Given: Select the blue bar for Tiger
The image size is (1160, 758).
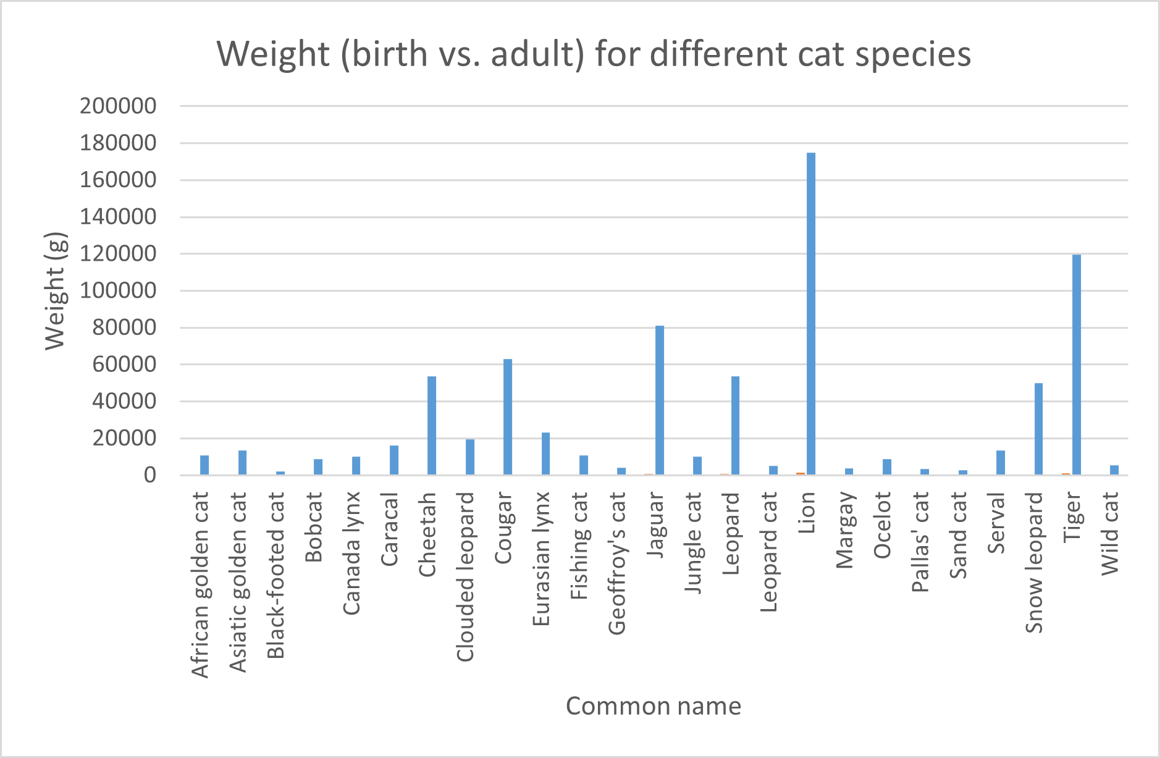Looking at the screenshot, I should tap(1077, 364).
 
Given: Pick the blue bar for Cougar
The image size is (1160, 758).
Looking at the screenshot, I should tap(508, 417).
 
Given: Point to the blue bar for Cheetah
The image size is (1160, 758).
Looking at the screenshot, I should tap(432, 426).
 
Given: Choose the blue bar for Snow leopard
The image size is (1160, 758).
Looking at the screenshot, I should tap(1039, 429).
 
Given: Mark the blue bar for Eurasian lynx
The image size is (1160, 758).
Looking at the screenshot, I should tap(546, 453).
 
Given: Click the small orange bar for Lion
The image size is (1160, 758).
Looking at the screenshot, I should tap(801, 473).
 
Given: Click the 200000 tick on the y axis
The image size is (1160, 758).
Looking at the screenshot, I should tap(118, 106).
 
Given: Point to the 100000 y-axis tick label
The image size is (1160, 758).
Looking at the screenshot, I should tap(118, 291).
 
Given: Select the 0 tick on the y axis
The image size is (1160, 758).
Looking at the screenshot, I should tap(150, 475).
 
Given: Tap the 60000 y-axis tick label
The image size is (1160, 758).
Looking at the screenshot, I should tap(124, 364).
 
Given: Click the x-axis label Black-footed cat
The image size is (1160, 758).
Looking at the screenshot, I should tap(276, 575).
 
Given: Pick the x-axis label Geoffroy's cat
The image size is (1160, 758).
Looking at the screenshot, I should tap(617, 563).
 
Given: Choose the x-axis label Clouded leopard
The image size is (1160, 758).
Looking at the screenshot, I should tap(466, 576).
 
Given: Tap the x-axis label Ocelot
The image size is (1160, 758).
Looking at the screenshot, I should tap(883, 525).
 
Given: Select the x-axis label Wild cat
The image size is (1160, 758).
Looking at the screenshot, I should tap(1110, 533).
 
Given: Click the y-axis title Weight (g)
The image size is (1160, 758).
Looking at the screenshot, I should tap(56, 291).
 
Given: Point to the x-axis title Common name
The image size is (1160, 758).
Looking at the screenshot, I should tap(654, 706).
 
